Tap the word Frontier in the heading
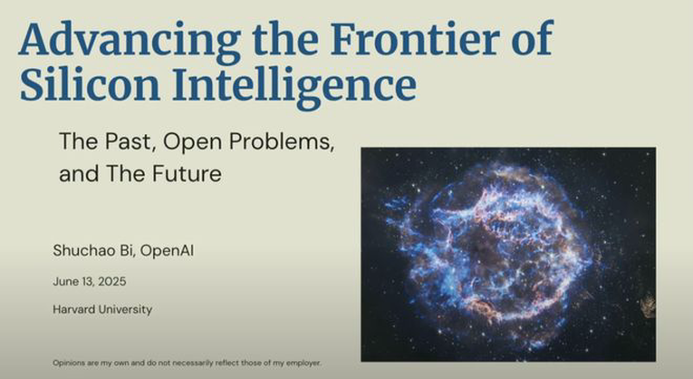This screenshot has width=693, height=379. tap(416, 38)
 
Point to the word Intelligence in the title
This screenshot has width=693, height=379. tap(294, 88)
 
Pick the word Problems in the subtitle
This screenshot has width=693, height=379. tap(282, 141)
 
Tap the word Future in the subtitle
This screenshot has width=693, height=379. tap(187, 173)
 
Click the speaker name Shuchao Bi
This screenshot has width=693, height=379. tap(93, 251)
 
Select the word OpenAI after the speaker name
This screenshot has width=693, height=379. tap(167, 251)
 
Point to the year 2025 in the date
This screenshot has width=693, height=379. tap(111, 281)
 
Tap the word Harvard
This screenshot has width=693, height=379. tap(73, 309)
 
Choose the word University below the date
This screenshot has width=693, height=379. tap(125, 309)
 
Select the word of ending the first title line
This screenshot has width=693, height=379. tap(533, 38)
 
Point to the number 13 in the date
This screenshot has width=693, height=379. tap(88, 281)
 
